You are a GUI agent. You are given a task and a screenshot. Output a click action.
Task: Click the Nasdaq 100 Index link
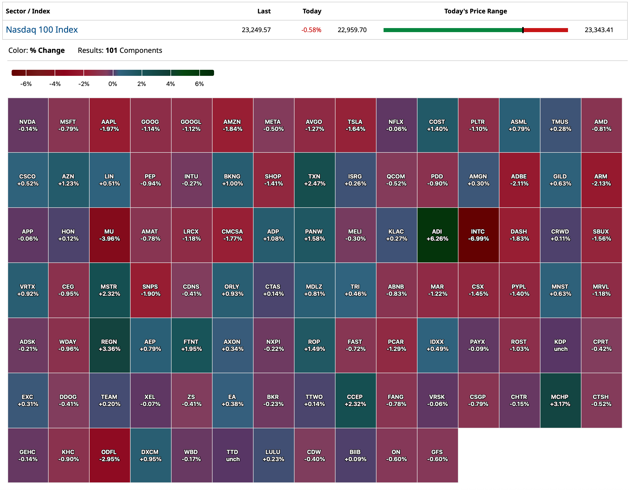pos(42,30)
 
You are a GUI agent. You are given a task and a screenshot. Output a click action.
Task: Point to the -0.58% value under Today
pos(311,30)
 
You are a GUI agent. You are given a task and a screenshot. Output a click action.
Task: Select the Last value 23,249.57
pos(256,30)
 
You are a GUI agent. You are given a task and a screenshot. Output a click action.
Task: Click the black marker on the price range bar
pos(523,30)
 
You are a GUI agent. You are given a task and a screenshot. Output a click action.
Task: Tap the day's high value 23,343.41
pos(599,30)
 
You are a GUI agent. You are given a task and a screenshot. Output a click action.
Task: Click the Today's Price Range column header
pos(475,11)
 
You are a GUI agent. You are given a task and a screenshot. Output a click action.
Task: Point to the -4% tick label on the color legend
pos(55,84)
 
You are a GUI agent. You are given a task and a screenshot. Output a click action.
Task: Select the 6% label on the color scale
pos(199,84)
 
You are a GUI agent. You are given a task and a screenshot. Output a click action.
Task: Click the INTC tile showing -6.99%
pos(478,235)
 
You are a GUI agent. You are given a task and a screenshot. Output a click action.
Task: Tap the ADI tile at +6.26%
pos(437,235)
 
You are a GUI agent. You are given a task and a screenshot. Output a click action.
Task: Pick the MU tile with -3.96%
pos(109,235)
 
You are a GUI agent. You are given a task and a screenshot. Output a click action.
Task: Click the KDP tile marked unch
pos(560,345)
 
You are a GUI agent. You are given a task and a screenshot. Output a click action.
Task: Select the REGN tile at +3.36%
pos(109,345)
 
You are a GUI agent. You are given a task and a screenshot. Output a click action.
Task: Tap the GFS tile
pos(437,455)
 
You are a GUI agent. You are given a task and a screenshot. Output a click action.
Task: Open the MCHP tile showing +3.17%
pos(560,400)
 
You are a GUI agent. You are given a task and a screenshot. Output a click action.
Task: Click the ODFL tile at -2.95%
pos(109,455)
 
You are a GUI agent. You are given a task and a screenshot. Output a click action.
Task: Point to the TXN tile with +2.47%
pos(314,180)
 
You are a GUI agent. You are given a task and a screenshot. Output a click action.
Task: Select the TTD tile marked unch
pos(232,455)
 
